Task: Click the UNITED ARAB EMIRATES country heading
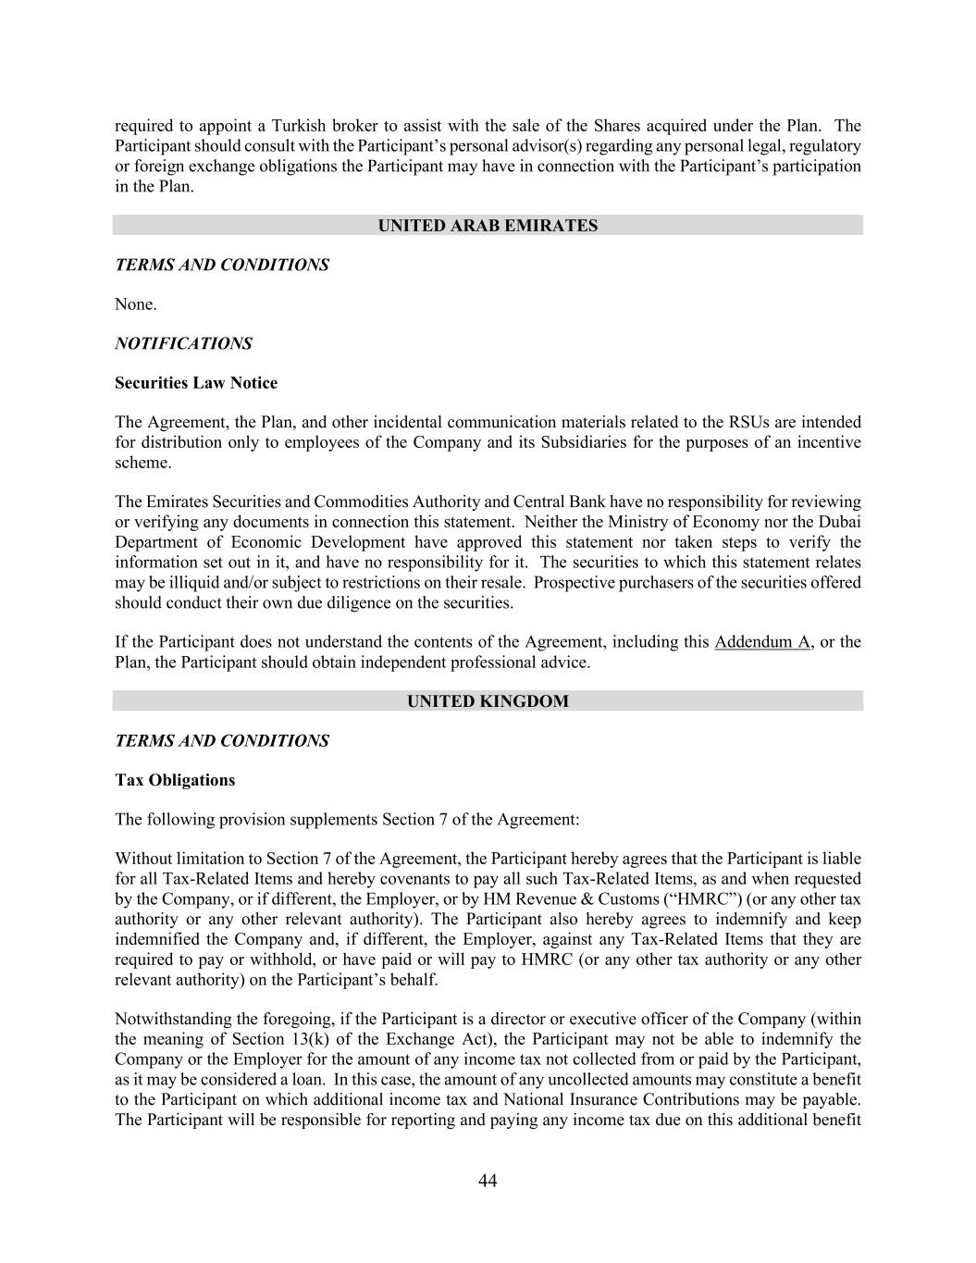click(x=488, y=226)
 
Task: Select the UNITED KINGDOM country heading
click(x=488, y=701)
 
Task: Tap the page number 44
click(x=488, y=1181)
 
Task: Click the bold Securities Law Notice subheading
click(x=196, y=383)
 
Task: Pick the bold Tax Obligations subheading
click(x=175, y=780)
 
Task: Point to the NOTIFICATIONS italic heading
click(x=183, y=343)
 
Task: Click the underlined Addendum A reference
click(x=762, y=642)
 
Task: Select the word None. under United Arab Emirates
click(x=136, y=304)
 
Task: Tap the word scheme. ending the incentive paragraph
click(x=143, y=463)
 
